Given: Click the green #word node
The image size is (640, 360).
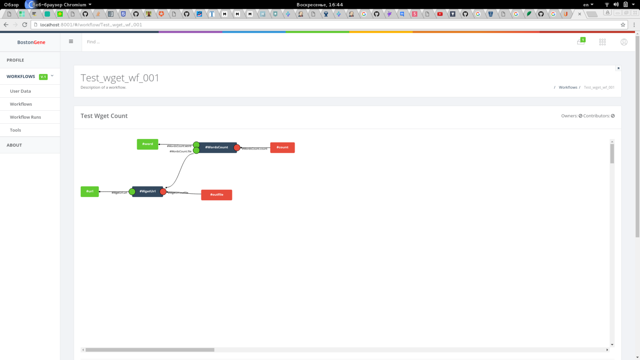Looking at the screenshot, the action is tap(148, 144).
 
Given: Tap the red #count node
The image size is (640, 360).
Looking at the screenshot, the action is tap(282, 148).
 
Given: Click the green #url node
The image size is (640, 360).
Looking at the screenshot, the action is tap(90, 192).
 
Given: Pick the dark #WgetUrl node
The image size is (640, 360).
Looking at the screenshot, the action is tap(148, 192).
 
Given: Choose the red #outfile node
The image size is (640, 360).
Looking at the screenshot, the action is tap(216, 195).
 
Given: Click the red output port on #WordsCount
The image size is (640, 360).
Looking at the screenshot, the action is tap(237, 148).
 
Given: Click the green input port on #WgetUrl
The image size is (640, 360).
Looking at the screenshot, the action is tap(132, 192).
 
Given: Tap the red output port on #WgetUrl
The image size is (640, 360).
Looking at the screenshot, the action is tap(163, 192).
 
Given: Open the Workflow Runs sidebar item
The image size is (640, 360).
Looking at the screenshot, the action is tap(26, 117).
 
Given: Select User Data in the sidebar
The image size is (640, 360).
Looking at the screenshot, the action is tap(20, 91).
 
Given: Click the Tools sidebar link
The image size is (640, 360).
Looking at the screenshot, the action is tap(16, 130).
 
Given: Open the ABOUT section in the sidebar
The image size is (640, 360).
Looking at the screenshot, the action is tap(14, 145).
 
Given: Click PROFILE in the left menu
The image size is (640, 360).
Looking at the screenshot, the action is tap(15, 60).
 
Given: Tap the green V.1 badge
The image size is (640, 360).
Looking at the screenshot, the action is tap(43, 77).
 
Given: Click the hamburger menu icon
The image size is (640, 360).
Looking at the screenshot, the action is tap(71, 42).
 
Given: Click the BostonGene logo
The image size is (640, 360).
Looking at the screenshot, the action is tap(31, 42).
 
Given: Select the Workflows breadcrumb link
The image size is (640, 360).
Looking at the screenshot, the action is tap(568, 87).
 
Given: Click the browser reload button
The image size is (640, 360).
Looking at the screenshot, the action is tap(25, 25).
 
